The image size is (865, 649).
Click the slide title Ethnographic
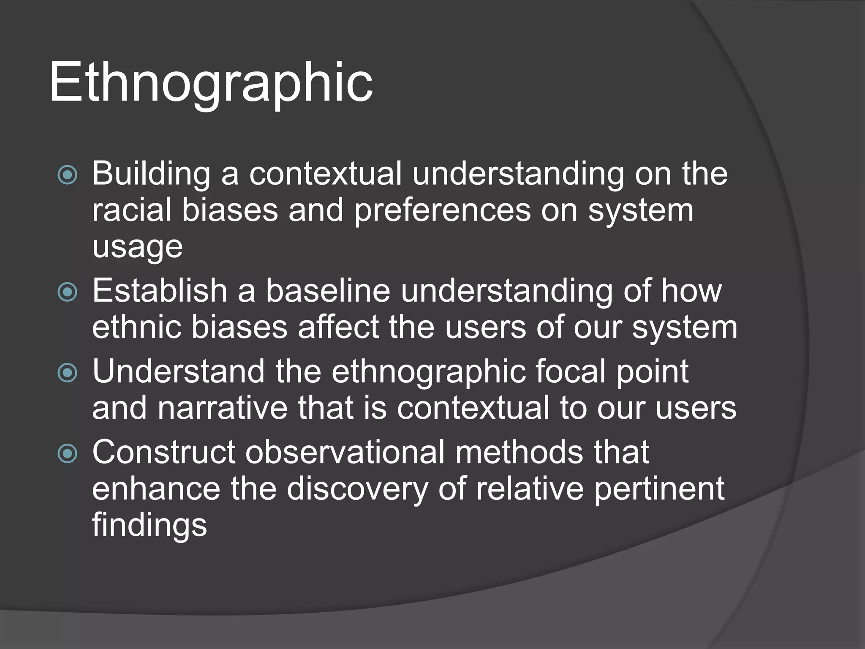click(211, 82)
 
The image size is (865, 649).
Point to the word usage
click(137, 247)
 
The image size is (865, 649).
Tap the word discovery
click(357, 489)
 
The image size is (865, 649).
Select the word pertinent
click(659, 489)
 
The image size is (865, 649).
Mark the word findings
click(150, 525)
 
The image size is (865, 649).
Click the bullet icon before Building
click(68, 175)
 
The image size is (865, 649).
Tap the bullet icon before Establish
click(68, 292)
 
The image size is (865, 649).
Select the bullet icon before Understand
click(68, 373)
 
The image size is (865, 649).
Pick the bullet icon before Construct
click(68, 453)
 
